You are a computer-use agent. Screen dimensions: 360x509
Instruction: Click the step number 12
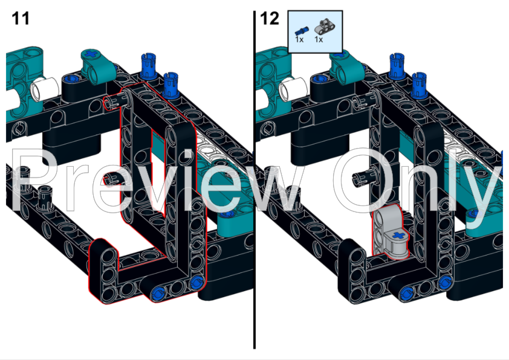pyautogui.click(x=270, y=18)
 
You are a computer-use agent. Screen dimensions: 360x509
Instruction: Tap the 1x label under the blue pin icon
pyautogui.click(x=299, y=39)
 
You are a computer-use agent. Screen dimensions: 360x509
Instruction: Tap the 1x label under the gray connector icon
pyautogui.click(x=319, y=39)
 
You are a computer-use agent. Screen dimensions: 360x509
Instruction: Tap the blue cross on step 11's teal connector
pyautogui.click(x=91, y=55)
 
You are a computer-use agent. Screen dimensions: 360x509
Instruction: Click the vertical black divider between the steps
pyautogui.click(x=254, y=181)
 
